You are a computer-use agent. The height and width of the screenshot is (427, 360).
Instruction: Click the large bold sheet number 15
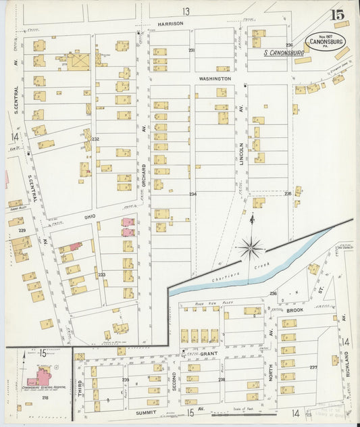336,14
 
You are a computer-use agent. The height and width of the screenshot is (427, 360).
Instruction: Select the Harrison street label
170,23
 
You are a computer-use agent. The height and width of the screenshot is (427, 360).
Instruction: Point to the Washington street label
215,78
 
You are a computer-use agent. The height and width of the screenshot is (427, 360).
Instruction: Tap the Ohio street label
90,216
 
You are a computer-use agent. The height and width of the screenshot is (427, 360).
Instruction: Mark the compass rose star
251,249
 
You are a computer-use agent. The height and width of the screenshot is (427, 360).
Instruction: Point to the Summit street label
145,411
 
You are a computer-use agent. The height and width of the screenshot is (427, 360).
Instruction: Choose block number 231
192,51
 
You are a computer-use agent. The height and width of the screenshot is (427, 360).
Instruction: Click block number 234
192,194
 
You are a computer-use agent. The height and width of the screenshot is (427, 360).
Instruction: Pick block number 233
102,274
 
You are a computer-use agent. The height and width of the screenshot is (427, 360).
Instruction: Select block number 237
313,368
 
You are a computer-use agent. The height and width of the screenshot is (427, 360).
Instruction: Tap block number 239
126,380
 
